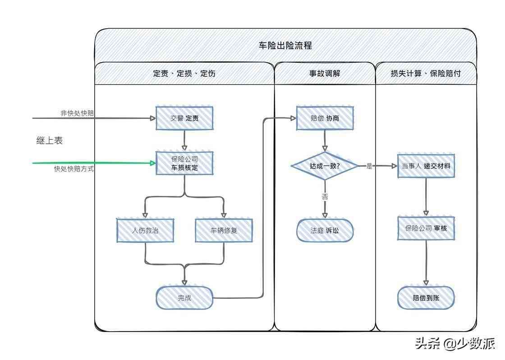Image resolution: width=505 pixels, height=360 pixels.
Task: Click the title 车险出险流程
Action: (285, 46)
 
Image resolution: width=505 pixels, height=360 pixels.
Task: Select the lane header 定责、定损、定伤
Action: (184, 73)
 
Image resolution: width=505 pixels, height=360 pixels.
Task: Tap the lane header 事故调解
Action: (325, 73)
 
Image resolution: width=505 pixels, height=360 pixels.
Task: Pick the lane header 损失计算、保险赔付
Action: (426, 73)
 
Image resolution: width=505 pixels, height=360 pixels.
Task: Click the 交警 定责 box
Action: (184, 118)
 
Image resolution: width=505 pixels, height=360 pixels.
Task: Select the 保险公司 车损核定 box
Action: (184, 163)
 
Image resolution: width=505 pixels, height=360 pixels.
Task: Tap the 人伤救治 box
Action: (145, 230)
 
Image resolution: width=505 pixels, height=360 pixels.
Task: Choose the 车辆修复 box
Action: (224, 230)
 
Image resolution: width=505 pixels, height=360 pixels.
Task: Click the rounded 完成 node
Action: (184, 298)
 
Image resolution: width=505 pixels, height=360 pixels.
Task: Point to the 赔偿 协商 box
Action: (325, 118)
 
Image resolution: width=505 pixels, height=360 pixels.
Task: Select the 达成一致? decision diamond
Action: (325, 166)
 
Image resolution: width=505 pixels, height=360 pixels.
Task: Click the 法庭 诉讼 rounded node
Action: (325, 230)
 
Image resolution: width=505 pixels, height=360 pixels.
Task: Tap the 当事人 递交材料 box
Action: (426, 166)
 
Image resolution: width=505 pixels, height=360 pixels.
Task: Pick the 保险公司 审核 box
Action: (426, 228)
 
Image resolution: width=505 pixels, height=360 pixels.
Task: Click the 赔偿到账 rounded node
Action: (426, 298)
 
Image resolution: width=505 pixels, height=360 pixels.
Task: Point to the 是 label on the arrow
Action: (369, 166)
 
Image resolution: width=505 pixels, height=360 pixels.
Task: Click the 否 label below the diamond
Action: (325, 196)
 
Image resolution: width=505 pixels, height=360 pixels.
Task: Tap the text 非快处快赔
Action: (78, 113)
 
